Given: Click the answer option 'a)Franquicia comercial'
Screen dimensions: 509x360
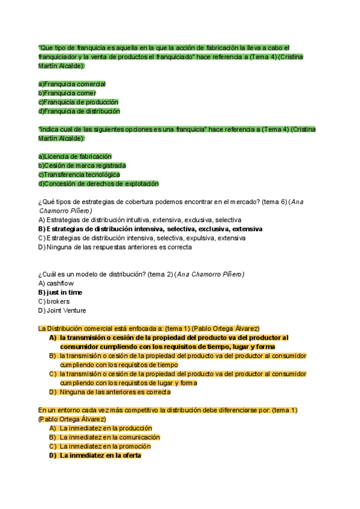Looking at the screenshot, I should (x=71, y=84).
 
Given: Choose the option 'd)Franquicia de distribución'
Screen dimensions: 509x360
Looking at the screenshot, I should (x=79, y=111).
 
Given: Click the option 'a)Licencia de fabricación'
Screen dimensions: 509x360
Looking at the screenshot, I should (x=74, y=156).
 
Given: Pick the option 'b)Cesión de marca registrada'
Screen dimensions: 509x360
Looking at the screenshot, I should (x=82, y=165).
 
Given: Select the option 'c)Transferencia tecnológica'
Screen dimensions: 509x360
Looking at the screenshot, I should (x=79, y=175).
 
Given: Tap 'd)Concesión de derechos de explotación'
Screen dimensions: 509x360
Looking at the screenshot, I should (x=98, y=184).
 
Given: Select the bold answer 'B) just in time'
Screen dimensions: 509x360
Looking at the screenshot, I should (x=60, y=292).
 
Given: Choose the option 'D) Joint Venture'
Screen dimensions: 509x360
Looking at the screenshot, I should (x=62, y=310).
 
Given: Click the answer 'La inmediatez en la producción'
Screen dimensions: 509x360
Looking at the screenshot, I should (x=105, y=428).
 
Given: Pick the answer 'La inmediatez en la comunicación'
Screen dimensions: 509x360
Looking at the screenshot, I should (x=109, y=437).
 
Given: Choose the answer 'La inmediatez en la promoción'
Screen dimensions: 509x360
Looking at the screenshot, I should (x=105, y=446).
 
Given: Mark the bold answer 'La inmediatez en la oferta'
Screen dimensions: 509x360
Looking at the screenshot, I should (x=100, y=456).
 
